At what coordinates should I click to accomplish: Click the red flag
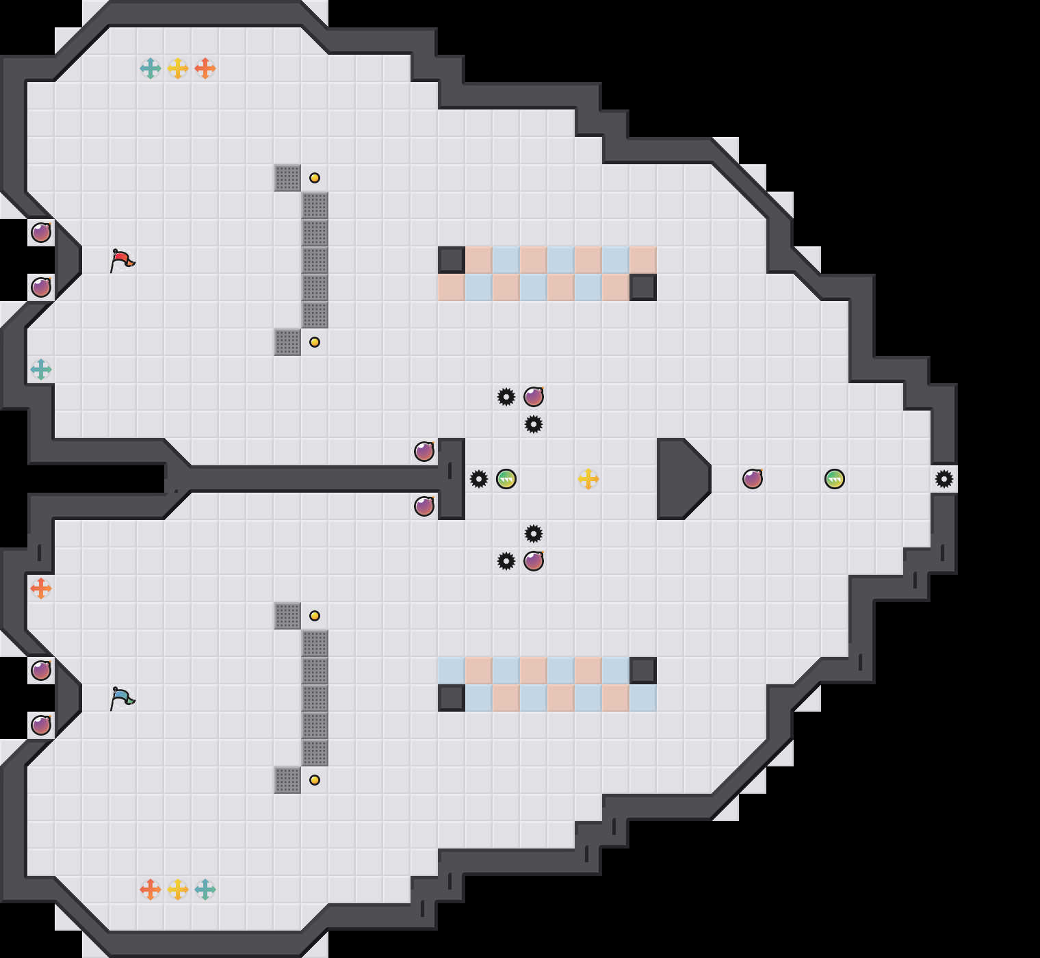[x=122, y=260]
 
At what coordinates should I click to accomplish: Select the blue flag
[x=122, y=698]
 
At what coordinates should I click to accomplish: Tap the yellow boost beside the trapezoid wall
[x=588, y=479]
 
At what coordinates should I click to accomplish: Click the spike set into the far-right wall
[x=944, y=479]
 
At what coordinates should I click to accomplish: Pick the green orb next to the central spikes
[x=506, y=479]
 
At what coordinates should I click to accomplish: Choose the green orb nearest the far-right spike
[x=835, y=479]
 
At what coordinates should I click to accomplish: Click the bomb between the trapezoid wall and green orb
[x=753, y=479]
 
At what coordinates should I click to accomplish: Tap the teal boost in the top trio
[x=151, y=68]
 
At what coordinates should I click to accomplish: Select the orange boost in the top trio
[x=205, y=68]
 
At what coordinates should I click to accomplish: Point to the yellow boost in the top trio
[x=178, y=68]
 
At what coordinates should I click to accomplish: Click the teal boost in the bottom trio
[x=205, y=890]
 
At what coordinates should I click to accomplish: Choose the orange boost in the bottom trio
[x=151, y=890]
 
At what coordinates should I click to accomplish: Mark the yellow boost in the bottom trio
[x=178, y=890]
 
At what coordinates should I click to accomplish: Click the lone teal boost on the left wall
[x=41, y=370]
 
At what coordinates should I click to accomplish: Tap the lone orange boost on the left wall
[x=41, y=588]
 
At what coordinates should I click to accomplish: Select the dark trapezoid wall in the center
[x=681, y=479]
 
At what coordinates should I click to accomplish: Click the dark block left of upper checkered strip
[x=452, y=260]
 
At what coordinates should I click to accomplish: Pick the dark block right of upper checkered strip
[x=643, y=287]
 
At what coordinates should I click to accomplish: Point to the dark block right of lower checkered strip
[x=643, y=671]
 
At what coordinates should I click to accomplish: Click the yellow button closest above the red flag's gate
[x=315, y=178]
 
